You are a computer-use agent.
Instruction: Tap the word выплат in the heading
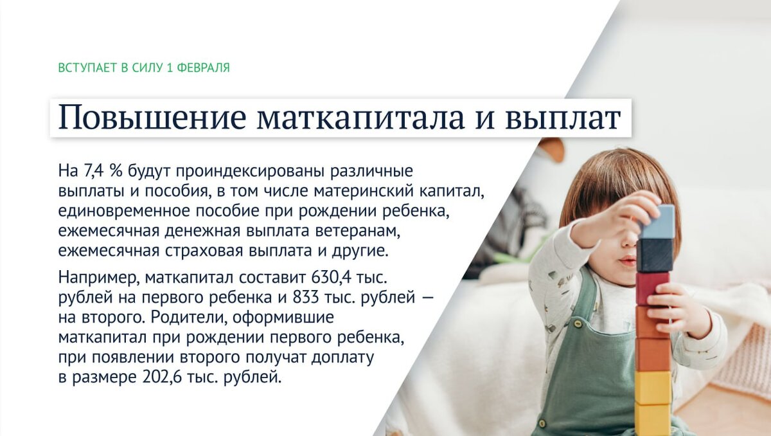[x=563, y=118]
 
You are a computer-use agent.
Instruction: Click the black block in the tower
[x=655, y=255]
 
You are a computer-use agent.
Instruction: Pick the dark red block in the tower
[x=653, y=287]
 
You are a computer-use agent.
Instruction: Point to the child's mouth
[x=627, y=259]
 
